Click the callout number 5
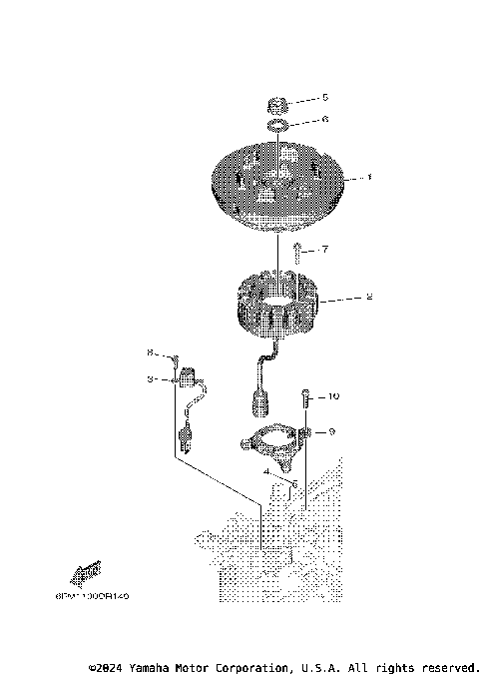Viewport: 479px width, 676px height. click(323, 98)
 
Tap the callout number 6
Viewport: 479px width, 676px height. click(323, 119)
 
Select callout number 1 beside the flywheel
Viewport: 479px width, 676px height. click(368, 178)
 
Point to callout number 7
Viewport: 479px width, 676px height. click(323, 249)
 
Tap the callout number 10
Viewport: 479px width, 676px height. click(333, 396)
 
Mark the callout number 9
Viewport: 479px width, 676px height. click(331, 431)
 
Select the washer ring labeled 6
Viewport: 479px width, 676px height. click(278, 125)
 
